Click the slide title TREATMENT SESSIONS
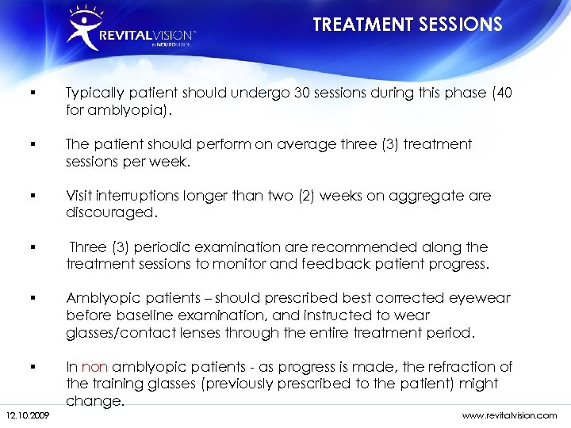(408, 25)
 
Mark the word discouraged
(112, 212)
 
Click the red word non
(95, 366)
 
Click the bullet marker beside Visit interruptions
(29, 195)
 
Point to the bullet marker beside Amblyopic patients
(29, 298)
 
